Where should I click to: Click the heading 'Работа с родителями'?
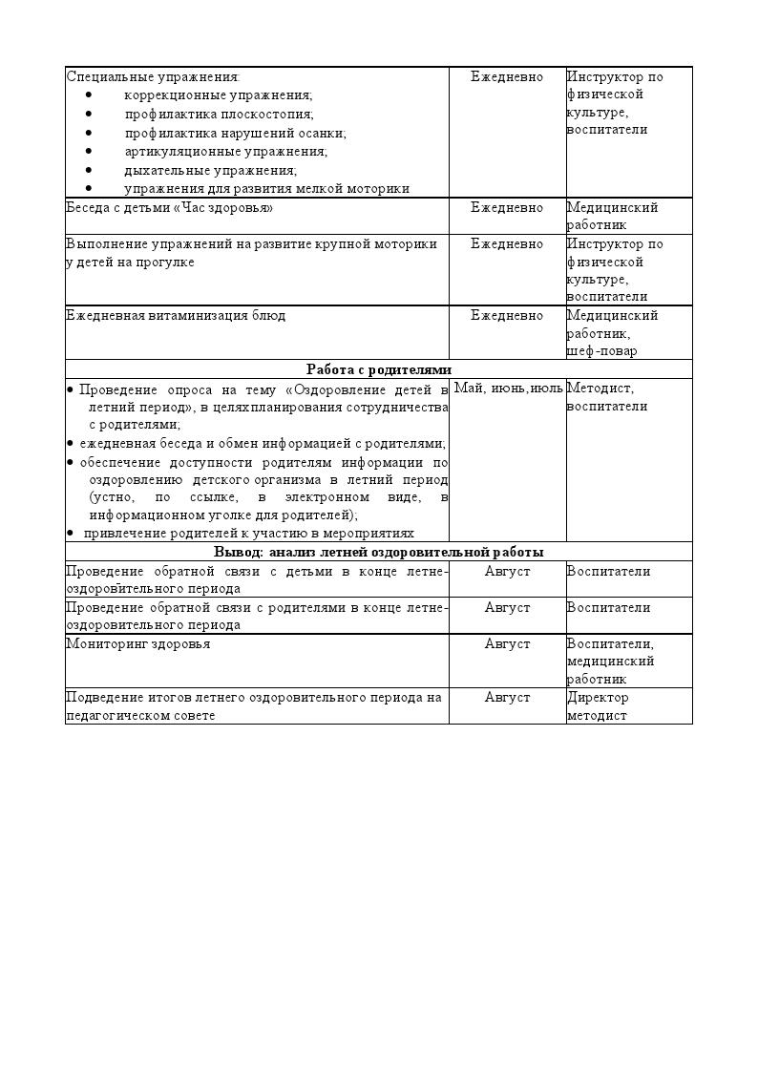coord(379,369)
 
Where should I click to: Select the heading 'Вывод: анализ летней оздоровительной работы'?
coord(379,552)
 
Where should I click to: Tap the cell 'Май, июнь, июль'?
coord(508,388)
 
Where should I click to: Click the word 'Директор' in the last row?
coord(598,697)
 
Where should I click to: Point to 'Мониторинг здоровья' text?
coord(137,643)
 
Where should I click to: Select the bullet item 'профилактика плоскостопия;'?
coord(219,114)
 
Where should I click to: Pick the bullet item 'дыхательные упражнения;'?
coord(210,170)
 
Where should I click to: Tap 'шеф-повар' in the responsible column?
coord(601,350)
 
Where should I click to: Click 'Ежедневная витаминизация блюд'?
coord(176,315)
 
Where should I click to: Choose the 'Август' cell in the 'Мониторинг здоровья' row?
coord(507,643)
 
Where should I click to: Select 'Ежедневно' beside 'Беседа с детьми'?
coord(507,207)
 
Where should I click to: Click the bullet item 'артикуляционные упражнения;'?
coord(225,151)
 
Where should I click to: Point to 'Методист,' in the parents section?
coord(600,388)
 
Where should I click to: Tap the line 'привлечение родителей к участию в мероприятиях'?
coord(249,533)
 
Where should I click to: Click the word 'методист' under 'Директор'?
coord(597,715)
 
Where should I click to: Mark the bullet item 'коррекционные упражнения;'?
coord(218,95)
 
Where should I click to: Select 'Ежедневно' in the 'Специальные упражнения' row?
coord(507,76)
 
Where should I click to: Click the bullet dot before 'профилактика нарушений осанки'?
coord(89,133)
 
